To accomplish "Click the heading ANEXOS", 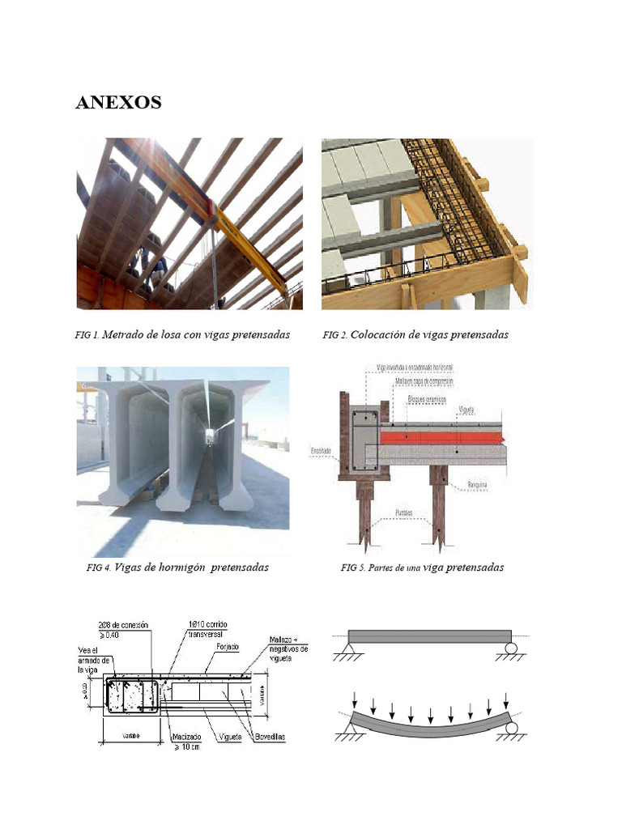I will pos(118,103).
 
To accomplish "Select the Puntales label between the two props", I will pos(403,512).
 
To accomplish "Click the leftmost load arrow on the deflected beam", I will pos(356,698).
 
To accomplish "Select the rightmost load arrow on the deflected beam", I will pos(506,698).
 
